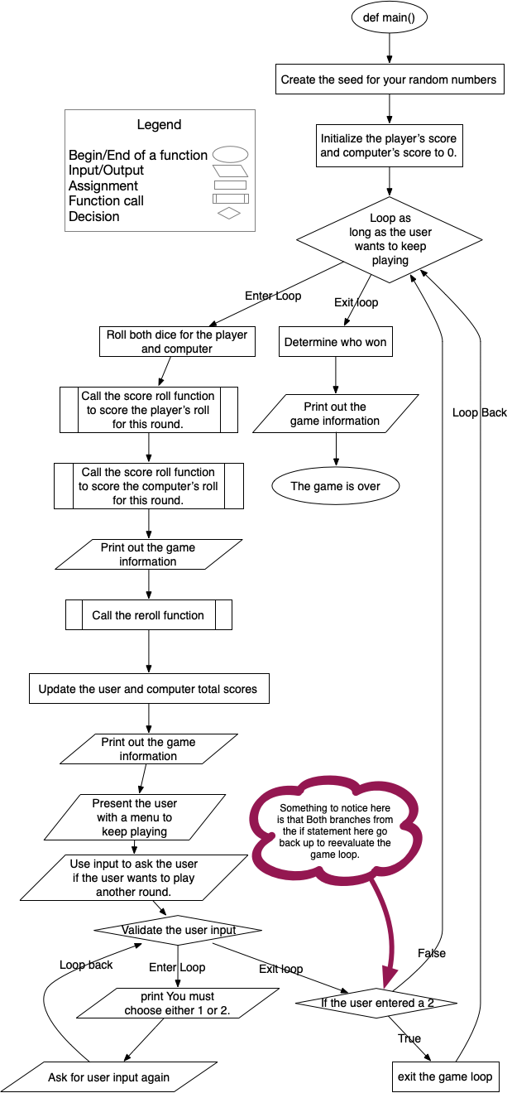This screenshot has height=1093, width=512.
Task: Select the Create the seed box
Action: [x=389, y=80]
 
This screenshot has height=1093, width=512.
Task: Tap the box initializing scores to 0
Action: [x=389, y=146]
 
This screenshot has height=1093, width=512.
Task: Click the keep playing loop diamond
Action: [x=389, y=239]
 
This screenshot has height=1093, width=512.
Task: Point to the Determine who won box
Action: [x=336, y=342]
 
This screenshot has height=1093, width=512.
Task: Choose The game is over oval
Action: [x=336, y=486]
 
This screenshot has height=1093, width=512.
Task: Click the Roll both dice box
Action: [x=177, y=342]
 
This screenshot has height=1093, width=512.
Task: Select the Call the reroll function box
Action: [x=149, y=615]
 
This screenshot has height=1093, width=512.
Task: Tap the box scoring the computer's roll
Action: [x=149, y=486]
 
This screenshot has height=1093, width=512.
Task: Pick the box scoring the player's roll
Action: [x=149, y=409]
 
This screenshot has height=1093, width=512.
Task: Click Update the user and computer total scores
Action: [x=149, y=689]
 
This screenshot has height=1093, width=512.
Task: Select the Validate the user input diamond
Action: [x=179, y=930]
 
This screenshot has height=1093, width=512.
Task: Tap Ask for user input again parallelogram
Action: [x=109, y=1077]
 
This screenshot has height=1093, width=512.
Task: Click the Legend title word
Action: [x=160, y=125]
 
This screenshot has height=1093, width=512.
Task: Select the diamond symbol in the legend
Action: [x=229, y=214]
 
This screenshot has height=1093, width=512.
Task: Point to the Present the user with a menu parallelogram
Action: [x=135, y=817]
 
